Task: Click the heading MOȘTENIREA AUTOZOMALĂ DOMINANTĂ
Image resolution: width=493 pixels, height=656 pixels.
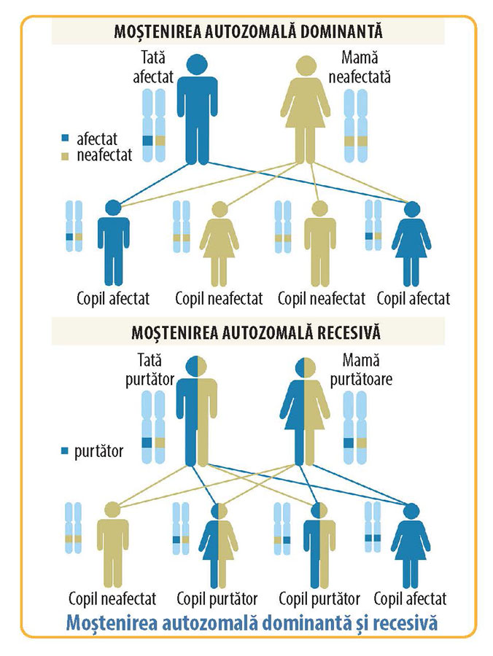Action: (249, 31)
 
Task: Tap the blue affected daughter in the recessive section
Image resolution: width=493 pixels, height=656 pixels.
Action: (411, 547)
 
